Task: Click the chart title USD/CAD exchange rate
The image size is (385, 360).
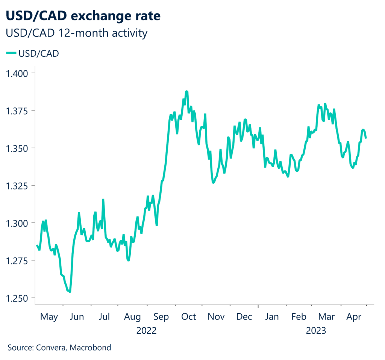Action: click(x=83, y=16)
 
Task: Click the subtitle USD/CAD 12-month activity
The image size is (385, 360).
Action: click(x=76, y=33)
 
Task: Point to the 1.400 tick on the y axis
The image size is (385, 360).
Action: click(x=17, y=73)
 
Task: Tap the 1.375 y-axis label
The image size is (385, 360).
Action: click(x=17, y=110)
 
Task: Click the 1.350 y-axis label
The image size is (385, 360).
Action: click(x=17, y=148)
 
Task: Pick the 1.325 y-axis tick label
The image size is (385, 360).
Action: click(x=17, y=186)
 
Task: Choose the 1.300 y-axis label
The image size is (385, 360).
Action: click(x=17, y=223)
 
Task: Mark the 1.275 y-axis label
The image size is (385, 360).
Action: click(x=17, y=261)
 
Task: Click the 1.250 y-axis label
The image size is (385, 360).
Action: click(x=17, y=298)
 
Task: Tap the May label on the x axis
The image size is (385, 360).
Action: click(x=49, y=317)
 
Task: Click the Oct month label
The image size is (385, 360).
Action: click(x=188, y=317)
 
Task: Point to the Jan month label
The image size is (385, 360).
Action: click(x=272, y=317)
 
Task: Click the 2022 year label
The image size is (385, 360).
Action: click(x=147, y=331)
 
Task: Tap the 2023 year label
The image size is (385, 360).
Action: click(x=316, y=331)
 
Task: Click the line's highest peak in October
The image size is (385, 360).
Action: click(x=186, y=91)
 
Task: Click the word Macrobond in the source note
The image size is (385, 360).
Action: click(x=91, y=348)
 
